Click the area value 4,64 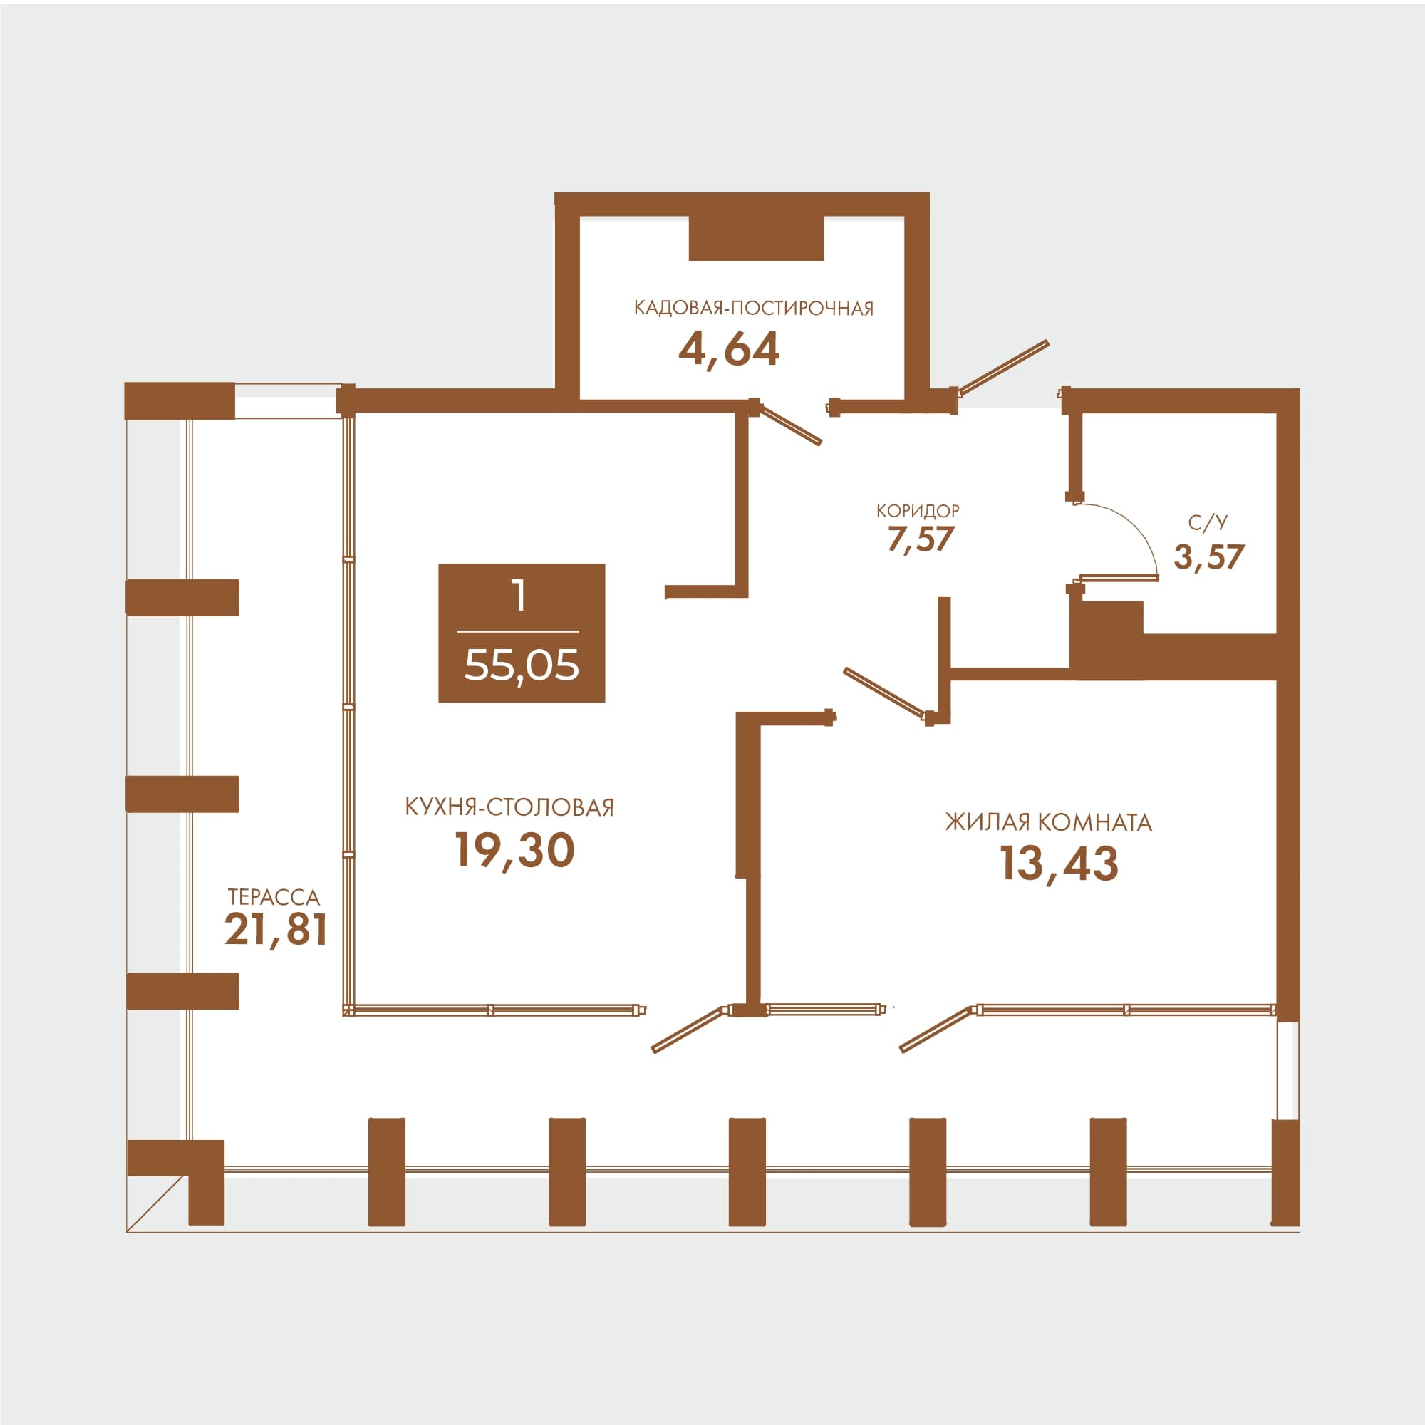pos(728,350)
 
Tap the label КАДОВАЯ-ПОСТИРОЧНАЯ pos(753,309)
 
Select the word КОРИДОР pos(918,510)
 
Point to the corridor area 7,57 pos(921,540)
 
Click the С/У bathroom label pos(1208,523)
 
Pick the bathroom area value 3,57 pos(1209,557)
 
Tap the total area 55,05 pos(522,665)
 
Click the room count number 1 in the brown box pos(520,595)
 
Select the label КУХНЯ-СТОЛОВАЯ pos(509,807)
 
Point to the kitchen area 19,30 pos(514,850)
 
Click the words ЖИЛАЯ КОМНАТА pos(1048,822)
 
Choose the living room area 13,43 pos(1059,863)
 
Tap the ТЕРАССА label pos(274,897)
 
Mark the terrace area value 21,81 pos(276,929)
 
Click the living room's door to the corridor pos(884,692)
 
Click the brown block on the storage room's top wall pos(756,237)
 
